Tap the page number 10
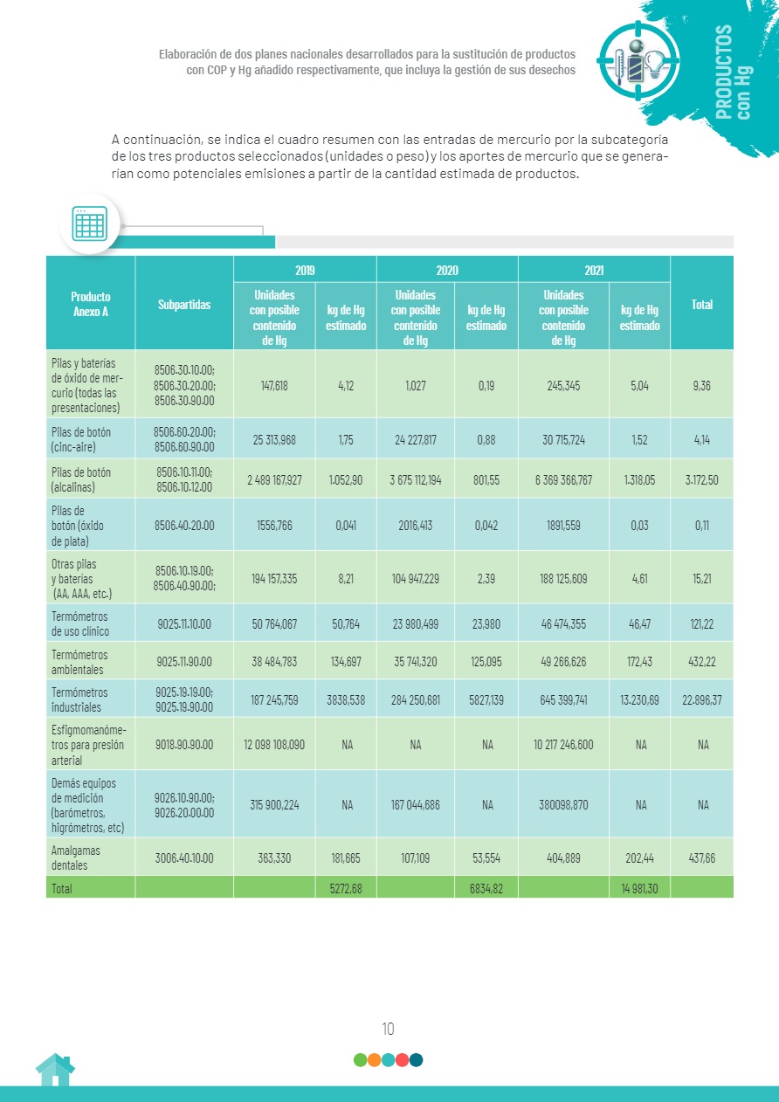click(x=389, y=1029)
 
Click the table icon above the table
click(x=89, y=224)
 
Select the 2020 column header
click(x=446, y=271)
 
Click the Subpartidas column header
click(x=184, y=305)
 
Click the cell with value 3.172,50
click(x=701, y=479)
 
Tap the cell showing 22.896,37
click(x=701, y=699)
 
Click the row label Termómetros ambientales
click(x=79, y=662)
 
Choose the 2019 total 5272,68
click(x=346, y=888)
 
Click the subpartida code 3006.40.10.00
click(x=183, y=858)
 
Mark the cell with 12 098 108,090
click(x=274, y=745)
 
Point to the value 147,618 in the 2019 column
click(x=274, y=385)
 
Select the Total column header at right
click(x=701, y=305)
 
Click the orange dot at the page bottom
click(x=374, y=1060)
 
